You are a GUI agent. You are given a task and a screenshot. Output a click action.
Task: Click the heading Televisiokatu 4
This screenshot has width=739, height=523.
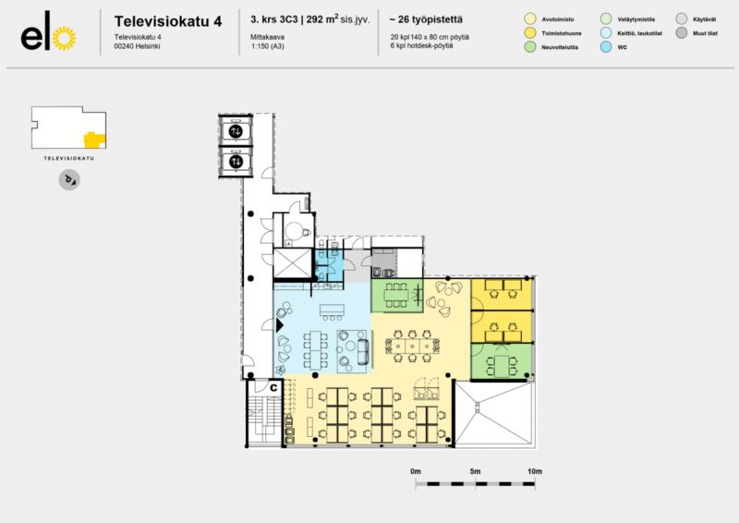[167, 20]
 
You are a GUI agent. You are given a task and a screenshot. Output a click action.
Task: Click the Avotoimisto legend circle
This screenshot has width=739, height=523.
[529, 18]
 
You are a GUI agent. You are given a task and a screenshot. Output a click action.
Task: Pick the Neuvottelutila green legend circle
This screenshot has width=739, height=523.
[529, 47]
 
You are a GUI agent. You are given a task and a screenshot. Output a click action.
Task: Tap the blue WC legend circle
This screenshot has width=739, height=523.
[605, 47]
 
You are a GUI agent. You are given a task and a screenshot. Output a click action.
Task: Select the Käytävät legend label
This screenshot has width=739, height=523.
[705, 18]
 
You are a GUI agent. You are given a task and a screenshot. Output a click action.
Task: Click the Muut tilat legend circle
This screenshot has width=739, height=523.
[682, 33]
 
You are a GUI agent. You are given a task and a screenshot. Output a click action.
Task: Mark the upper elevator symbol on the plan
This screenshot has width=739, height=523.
[236, 131]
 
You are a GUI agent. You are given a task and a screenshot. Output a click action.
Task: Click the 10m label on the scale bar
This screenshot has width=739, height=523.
[534, 472]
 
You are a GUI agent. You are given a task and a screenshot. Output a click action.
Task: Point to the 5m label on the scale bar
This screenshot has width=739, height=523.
[475, 472]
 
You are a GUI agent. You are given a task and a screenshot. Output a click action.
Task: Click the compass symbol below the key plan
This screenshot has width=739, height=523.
[68, 179]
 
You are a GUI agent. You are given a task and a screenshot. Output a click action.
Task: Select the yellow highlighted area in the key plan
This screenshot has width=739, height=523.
[94, 140]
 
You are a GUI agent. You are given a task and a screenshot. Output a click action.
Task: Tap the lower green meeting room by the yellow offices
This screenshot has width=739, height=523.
[501, 361]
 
